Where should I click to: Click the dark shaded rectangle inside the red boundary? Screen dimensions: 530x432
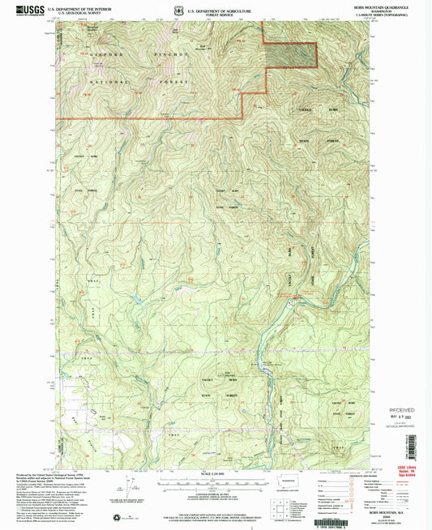pyautogui.click(x=291, y=55)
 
